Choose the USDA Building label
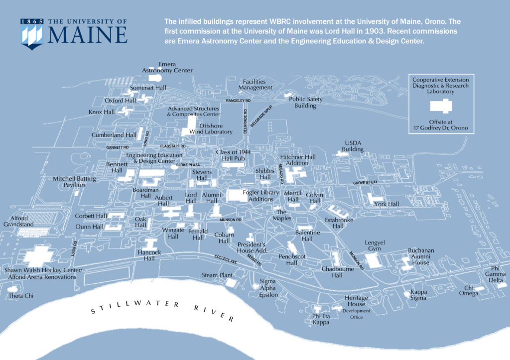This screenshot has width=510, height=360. pyautogui.click(x=353, y=146)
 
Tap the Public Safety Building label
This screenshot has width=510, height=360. pyautogui.click(x=306, y=102)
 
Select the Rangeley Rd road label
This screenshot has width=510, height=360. pyautogui.click(x=238, y=101)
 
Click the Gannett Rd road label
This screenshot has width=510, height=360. pyautogui.click(x=118, y=148)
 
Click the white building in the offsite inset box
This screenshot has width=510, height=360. pyautogui.click(x=441, y=106)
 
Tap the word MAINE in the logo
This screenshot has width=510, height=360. pyautogui.click(x=88, y=35)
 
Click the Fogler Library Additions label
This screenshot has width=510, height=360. pyautogui.click(x=260, y=196)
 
